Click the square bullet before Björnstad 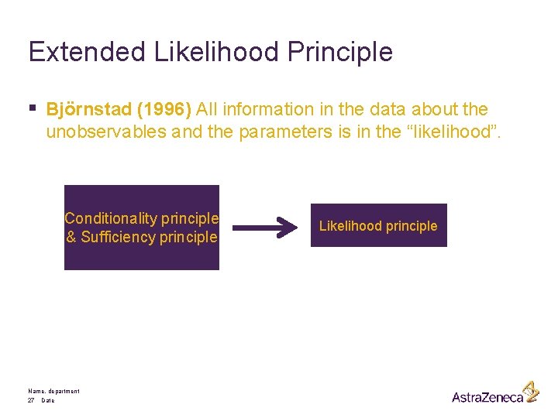[33, 109]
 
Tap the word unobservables [106, 132]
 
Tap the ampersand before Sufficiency [71, 237]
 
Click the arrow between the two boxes [265, 228]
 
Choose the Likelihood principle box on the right [378, 225]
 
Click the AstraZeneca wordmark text [487, 396]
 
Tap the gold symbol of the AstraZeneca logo [530, 390]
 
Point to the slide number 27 [31, 400]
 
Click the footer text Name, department [53, 391]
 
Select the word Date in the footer [48, 400]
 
